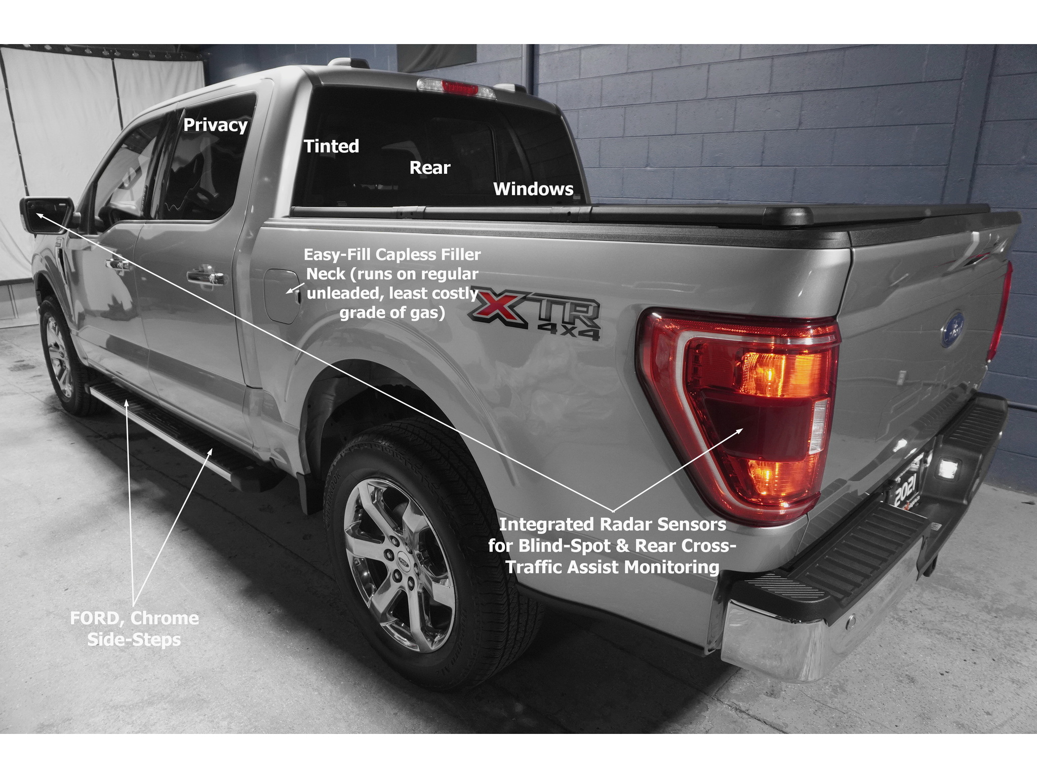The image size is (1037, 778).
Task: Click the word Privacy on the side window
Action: [x=215, y=125]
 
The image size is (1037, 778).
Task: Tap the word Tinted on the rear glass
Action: [x=331, y=146]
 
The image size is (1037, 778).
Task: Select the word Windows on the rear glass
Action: [x=533, y=189]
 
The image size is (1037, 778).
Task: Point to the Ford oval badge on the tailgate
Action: [x=952, y=330]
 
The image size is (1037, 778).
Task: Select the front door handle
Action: [x=118, y=263]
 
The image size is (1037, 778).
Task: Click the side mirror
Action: [x=46, y=215]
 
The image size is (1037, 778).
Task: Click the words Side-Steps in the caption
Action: [x=134, y=639]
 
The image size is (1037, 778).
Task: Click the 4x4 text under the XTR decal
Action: [x=569, y=332]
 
